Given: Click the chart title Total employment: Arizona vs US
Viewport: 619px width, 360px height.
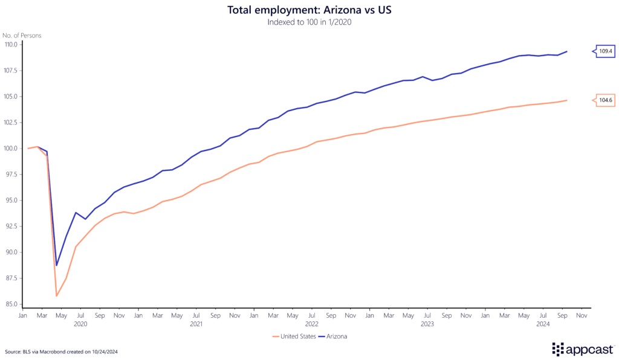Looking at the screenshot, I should pos(309,10).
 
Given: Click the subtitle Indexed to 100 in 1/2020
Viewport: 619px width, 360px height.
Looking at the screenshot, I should pos(309,22).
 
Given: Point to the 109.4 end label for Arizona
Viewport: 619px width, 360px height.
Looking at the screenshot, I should pos(605,51).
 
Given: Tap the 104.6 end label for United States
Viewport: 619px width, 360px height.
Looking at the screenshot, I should pos(605,101).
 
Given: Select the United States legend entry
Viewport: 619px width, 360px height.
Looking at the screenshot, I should pos(294,336).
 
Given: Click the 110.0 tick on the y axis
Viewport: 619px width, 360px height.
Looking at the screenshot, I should pos(11,44).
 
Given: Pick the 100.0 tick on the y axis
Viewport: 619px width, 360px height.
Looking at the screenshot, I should pos(11,149).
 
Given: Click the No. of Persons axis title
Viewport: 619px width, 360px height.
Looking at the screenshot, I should pos(23,35).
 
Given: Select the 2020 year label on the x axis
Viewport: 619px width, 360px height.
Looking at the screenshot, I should pos(80,324).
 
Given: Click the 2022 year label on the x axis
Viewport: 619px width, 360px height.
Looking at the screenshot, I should pos(311,324).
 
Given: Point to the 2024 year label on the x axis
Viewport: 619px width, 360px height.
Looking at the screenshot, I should pos(542,324).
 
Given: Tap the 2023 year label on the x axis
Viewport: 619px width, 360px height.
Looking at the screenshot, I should pos(427,324).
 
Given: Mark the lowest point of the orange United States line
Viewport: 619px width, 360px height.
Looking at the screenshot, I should pos(57,295).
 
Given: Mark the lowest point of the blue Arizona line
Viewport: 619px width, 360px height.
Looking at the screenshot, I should pos(57,265).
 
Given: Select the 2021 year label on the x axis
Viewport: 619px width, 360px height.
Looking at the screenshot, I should pos(196,324).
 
